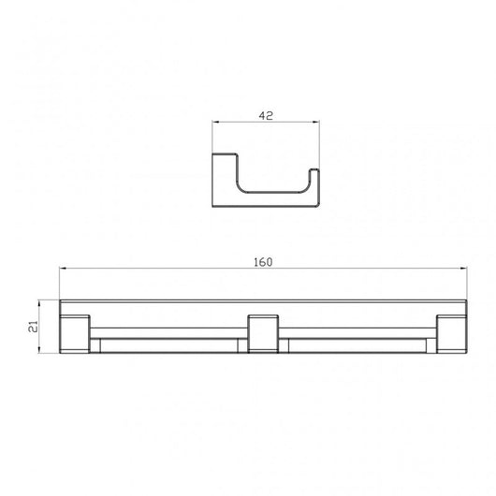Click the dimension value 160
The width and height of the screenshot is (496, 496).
tap(263, 261)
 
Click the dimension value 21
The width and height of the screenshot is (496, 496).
tap(33, 327)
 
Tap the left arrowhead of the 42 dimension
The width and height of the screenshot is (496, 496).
tap(217, 125)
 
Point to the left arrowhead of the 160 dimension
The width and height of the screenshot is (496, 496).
tap(63, 270)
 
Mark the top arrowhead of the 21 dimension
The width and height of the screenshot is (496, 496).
tap(40, 302)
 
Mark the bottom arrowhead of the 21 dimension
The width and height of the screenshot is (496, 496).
tap(40, 351)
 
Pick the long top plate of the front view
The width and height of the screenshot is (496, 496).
tap(263, 308)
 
